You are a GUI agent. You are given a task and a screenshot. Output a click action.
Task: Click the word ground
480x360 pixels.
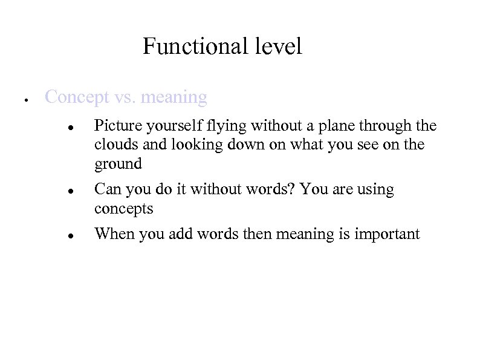point(118,164)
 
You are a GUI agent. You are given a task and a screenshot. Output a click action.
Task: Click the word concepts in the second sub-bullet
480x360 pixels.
point(124,209)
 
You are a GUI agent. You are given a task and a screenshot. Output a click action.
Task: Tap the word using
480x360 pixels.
point(374,190)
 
